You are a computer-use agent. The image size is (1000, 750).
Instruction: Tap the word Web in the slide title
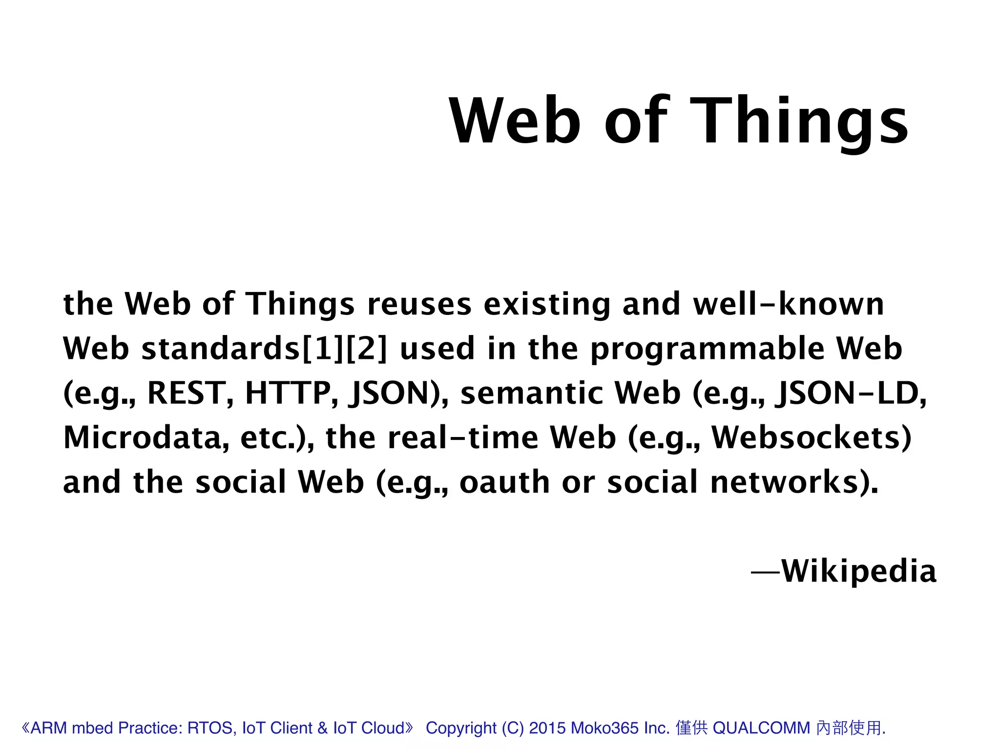[x=515, y=121]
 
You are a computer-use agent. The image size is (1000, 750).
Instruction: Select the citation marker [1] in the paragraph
[x=323, y=349]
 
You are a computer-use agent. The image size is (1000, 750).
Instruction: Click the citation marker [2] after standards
[x=366, y=349]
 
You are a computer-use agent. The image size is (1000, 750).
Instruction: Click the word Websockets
[x=811, y=437]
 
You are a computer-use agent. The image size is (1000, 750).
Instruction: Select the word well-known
[x=789, y=304]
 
